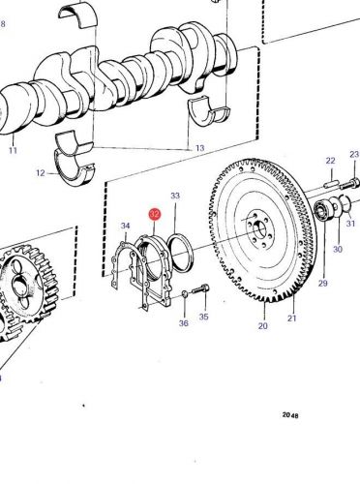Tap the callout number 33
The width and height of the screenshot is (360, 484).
175,197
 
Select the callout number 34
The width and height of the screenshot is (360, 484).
125,227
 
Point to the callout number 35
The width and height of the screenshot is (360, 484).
203,316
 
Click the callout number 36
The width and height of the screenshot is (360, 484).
183,323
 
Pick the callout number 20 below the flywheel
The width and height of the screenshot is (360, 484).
262,326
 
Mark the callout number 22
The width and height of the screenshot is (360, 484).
330,161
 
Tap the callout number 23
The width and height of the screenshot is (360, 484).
353,155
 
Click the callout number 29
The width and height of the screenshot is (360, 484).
322,283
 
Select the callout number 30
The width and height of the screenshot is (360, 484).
338,250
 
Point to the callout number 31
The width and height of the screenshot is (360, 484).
351,225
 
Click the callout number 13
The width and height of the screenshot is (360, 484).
200,148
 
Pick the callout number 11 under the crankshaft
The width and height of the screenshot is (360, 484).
13,151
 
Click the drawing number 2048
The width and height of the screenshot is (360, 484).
290,414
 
